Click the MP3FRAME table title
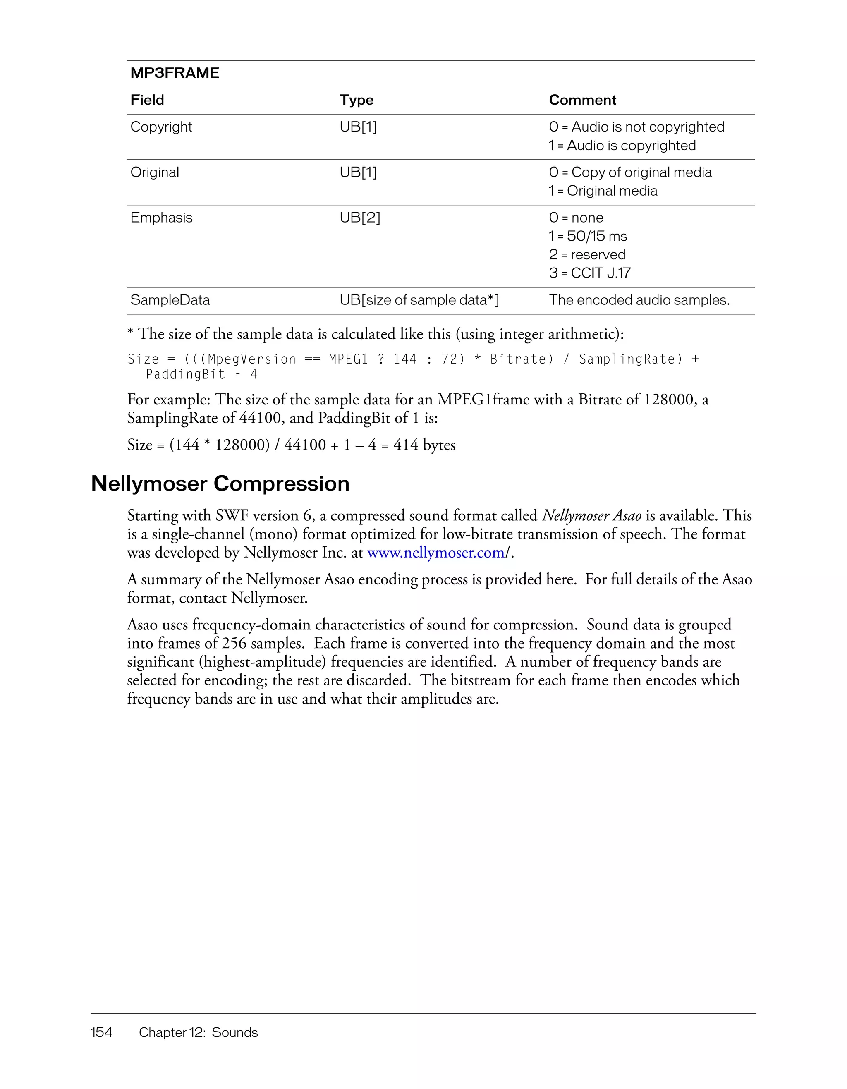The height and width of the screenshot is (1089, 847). tap(175, 73)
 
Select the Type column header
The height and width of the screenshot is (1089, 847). tap(357, 100)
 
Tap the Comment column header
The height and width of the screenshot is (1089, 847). tap(582, 100)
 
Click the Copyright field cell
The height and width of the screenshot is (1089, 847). tap(161, 127)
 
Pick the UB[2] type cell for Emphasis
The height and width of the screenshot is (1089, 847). tap(360, 218)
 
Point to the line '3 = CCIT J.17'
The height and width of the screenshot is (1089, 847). tap(590, 273)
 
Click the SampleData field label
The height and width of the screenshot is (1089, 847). tap(170, 300)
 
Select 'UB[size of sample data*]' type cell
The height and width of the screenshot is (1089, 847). tap(419, 300)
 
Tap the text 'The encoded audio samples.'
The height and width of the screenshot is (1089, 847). tap(639, 300)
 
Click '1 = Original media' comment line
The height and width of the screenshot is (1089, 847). tap(603, 191)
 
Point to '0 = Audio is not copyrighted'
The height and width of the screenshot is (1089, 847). tap(636, 127)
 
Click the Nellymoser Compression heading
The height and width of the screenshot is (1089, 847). tap(220, 483)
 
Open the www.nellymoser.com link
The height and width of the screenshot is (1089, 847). tap(436, 553)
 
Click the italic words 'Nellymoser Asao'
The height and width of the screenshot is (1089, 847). tap(591, 516)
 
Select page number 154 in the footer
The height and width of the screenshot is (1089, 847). tap(101, 1032)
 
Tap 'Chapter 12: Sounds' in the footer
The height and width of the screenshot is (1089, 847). tap(199, 1032)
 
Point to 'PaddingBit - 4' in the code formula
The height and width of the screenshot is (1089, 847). tap(201, 374)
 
